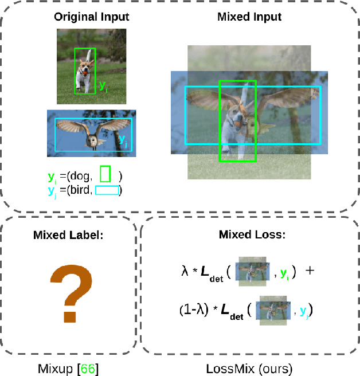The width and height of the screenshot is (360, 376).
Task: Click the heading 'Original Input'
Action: pos(91,17)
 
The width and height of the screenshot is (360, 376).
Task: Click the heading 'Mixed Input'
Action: pos(249,17)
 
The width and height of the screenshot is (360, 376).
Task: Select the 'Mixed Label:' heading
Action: pos(69,234)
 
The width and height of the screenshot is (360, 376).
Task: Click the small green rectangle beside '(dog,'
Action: pos(105,173)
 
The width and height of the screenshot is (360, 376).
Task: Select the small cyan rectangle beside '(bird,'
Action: pos(107,190)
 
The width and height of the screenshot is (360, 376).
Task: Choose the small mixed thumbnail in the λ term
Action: pos(253,271)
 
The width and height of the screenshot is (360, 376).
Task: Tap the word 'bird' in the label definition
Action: pos(80,190)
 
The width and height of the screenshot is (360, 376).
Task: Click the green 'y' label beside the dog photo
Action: pos(102,86)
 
